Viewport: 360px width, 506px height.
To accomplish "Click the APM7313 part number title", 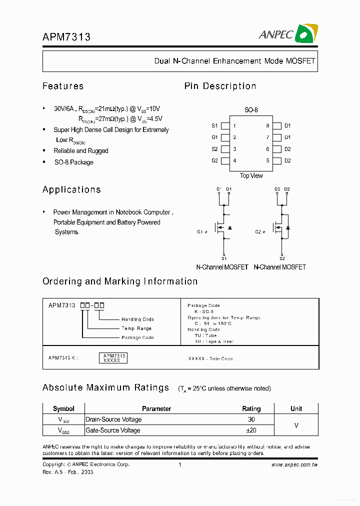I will click(x=66, y=36).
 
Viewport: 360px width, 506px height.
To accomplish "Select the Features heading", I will click(x=63, y=86).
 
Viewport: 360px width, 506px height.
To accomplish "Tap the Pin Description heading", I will click(x=220, y=86).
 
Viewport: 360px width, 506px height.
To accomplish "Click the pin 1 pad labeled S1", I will click(x=225, y=126).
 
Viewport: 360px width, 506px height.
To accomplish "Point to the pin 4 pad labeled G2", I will click(x=225, y=160).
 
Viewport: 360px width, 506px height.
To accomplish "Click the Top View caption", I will click(x=251, y=175).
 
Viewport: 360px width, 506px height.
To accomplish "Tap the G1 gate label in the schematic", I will click(x=200, y=232).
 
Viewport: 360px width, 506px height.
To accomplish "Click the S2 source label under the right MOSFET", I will click(x=282, y=258).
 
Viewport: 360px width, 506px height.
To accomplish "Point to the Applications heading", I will click(x=71, y=189).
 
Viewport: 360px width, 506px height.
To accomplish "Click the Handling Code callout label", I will click(x=137, y=319).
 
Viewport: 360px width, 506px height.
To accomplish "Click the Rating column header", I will click(x=251, y=408).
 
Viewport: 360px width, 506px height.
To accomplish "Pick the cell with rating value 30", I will click(x=251, y=419).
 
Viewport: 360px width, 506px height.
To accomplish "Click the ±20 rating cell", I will click(x=251, y=430).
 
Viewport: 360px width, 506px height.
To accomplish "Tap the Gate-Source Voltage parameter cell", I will click(x=113, y=430).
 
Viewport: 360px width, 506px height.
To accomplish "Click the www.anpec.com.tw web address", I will click(x=294, y=464).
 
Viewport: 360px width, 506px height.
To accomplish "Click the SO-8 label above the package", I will click(x=251, y=109).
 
